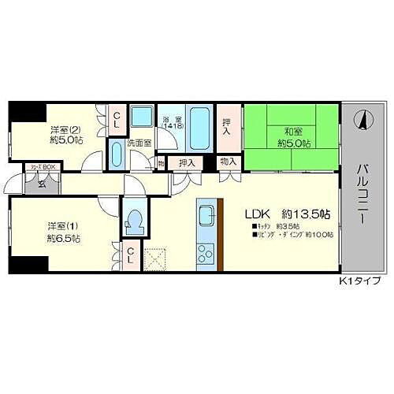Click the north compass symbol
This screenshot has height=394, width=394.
click(363, 121)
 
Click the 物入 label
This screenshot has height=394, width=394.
click(228, 162)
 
